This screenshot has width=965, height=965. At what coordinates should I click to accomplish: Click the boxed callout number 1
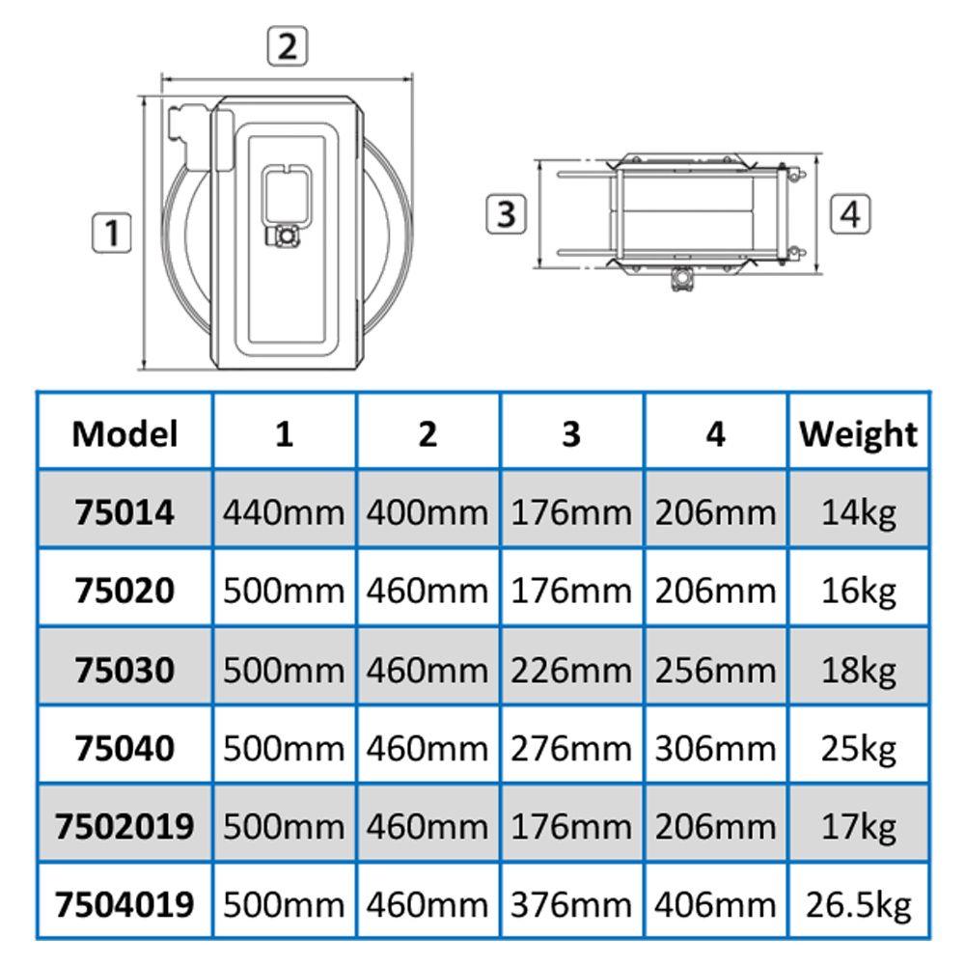(111, 233)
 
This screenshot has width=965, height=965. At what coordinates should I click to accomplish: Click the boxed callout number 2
(287, 45)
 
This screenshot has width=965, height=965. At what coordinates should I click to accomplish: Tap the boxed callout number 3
(506, 213)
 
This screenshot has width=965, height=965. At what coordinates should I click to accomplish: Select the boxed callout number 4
(850, 213)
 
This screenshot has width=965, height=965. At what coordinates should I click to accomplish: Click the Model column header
(124, 434)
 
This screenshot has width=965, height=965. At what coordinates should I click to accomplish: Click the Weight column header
(859, 435)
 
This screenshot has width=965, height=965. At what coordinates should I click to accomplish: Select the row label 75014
(124, 512)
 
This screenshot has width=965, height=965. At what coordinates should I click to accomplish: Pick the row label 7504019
(124, 904)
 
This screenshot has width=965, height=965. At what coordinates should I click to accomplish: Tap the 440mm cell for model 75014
(284, 512)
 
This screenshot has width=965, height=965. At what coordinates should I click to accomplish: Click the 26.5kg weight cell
(859, 905)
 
